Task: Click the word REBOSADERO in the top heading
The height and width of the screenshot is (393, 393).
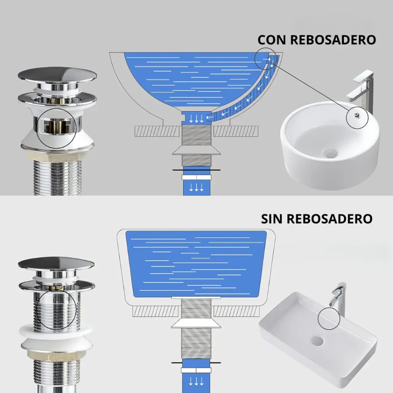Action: click(333, 40)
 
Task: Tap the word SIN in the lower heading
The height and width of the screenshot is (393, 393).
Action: click(272, 219)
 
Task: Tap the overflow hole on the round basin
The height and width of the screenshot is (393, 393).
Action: click(357, 115)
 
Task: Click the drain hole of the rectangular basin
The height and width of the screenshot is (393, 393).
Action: click(317, 341)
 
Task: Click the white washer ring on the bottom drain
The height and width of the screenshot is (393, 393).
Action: click(56, 331)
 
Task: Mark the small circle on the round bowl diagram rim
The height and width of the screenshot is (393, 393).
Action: click(266, 59)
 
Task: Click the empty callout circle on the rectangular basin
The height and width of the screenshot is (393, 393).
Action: click(329, 319)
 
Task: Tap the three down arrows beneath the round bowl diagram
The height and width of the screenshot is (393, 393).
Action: click(196, 187)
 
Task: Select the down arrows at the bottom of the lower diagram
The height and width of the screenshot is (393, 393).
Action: click(196, 381)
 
